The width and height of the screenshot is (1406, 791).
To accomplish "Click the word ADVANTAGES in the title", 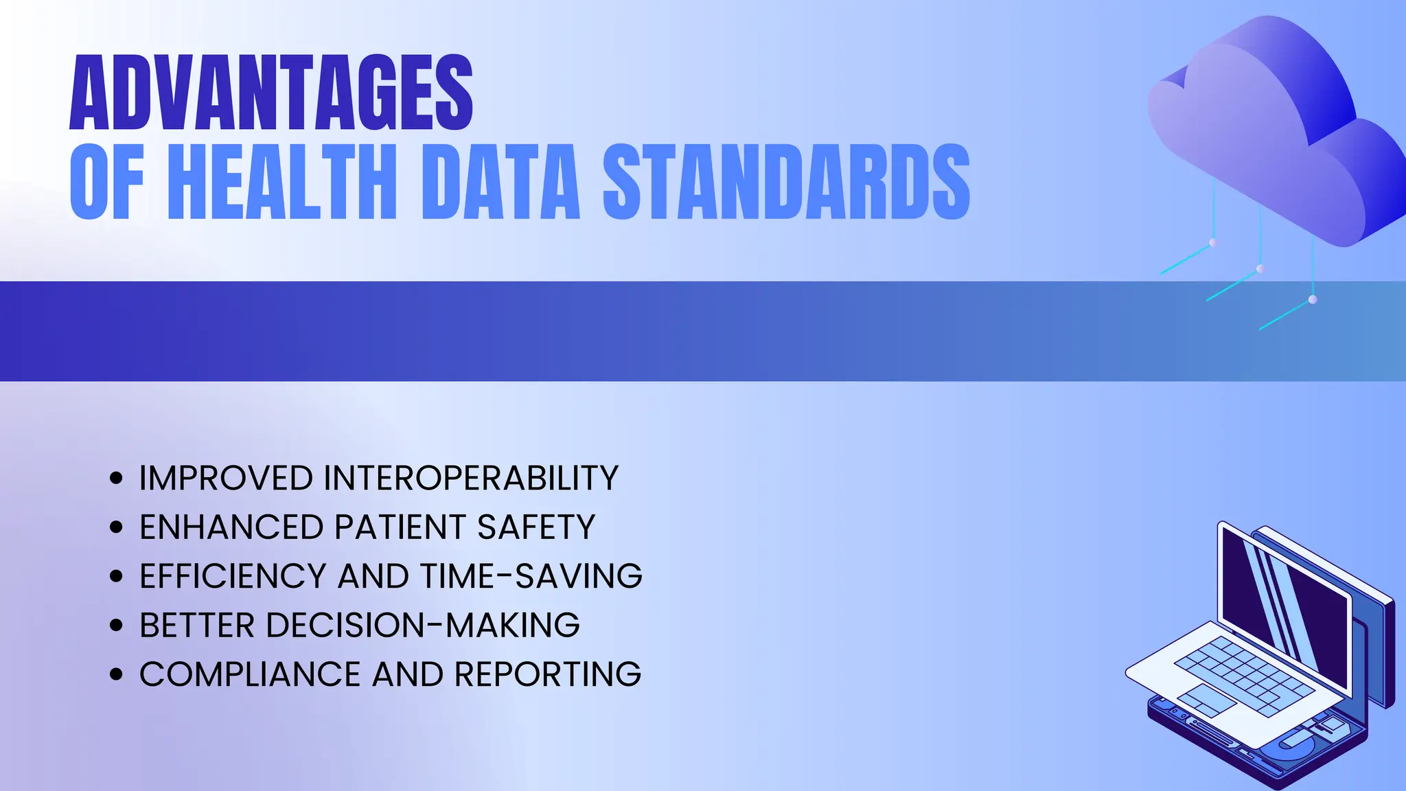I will click(x=271, y=93).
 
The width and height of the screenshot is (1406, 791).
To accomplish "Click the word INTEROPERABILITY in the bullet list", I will click(x=471, y=479).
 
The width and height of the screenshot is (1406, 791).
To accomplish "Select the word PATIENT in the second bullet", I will click(x=400, y=527).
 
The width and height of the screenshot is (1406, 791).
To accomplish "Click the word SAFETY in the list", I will click(x=536, y=527).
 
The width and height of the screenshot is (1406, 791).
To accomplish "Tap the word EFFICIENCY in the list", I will click(x=233, y=576).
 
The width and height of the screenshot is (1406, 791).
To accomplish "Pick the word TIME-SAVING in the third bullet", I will click(x=531, y=576).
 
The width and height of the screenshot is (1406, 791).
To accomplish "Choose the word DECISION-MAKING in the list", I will click(x=422, y=626).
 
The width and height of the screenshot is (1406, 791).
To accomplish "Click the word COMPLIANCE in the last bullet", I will click(x=250, y=674).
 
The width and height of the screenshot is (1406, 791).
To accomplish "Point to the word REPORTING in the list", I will click(x=548, y=674).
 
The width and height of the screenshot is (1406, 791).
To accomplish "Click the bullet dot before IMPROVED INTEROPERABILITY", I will click(x=116, y=479).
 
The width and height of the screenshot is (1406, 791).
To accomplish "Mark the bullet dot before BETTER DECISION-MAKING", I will click(x=116, y=626).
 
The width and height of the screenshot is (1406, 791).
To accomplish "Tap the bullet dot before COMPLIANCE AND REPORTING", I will click(x=116, y=674).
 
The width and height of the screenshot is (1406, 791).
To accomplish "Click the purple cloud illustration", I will click(x=1270, y=130).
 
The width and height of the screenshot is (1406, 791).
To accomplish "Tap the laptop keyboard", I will click(x=1243, y=669).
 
